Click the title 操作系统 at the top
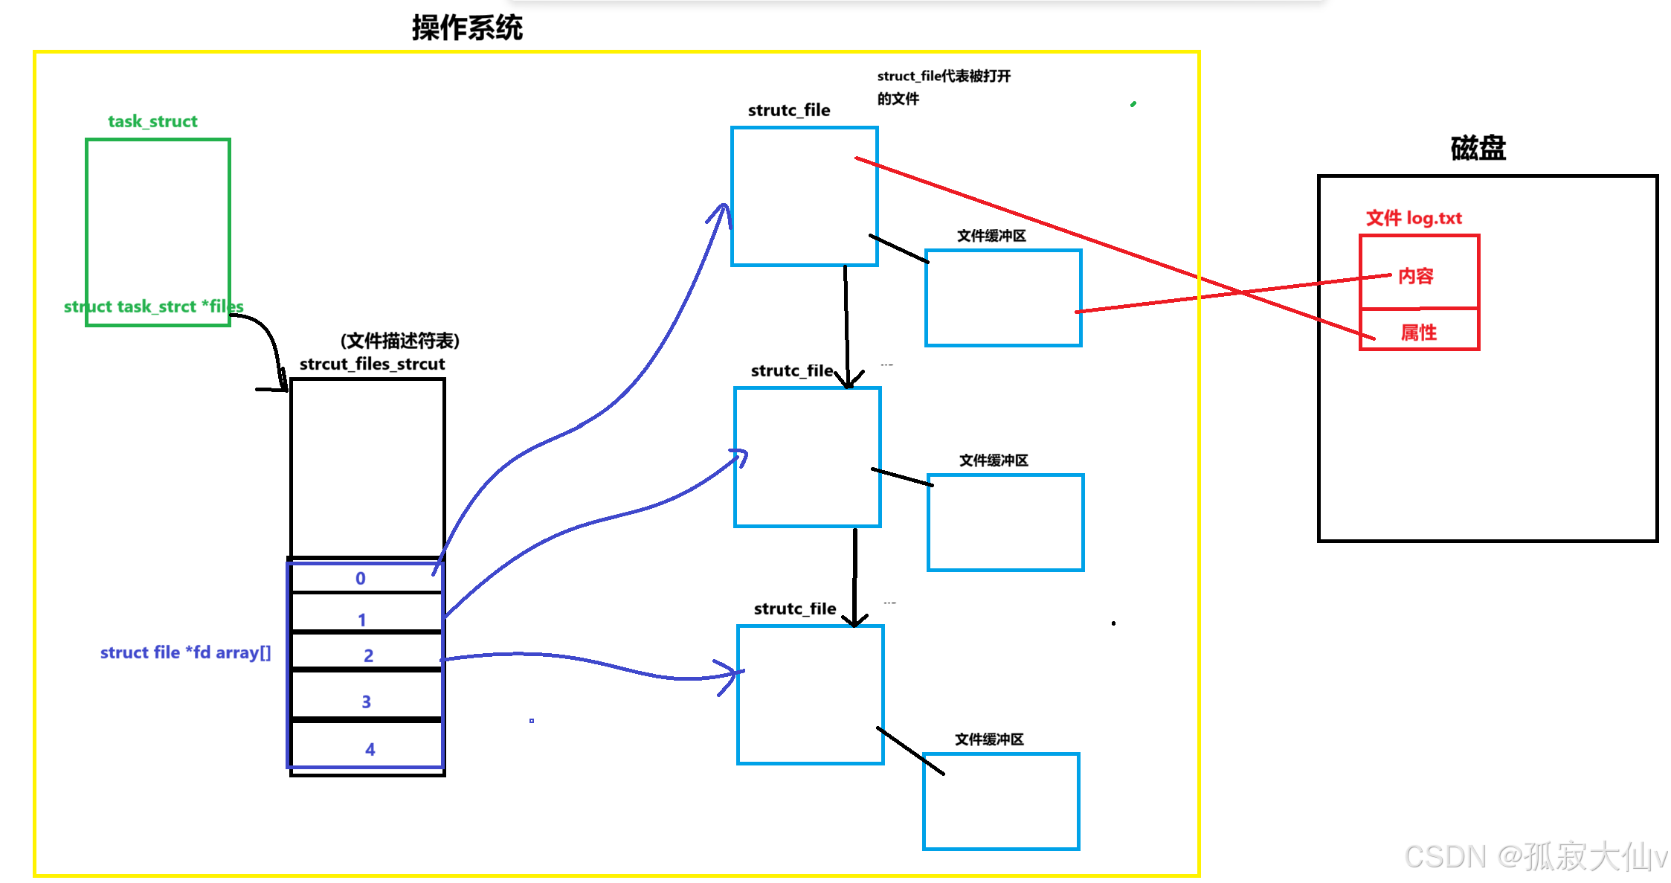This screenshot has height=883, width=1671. [467, 28]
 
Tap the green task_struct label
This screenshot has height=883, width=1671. [152, 121]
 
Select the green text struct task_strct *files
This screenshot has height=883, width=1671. [153, 306]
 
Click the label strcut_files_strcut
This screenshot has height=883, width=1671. [372, 364]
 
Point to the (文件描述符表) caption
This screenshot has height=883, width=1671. [400, 341]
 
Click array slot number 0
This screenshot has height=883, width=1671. [361, 578]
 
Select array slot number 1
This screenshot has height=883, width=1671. [362, 619]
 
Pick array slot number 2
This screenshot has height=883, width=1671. [368, 655]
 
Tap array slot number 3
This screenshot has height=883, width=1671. [366, 701]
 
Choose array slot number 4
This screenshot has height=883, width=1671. [370, 749]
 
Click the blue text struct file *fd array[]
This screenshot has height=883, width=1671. [185, 652]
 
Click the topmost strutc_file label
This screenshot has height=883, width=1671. [789, 110]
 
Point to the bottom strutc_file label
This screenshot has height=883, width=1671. [795, 609]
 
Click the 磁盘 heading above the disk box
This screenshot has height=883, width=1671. [1478, 148]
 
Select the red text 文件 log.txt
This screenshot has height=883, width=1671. [1414, 218]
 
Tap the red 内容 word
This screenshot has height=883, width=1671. [1415, 276]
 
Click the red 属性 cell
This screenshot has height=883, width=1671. [1418, 332]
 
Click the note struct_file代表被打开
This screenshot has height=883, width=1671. [944, 76]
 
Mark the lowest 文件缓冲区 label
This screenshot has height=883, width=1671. [989, 739]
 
